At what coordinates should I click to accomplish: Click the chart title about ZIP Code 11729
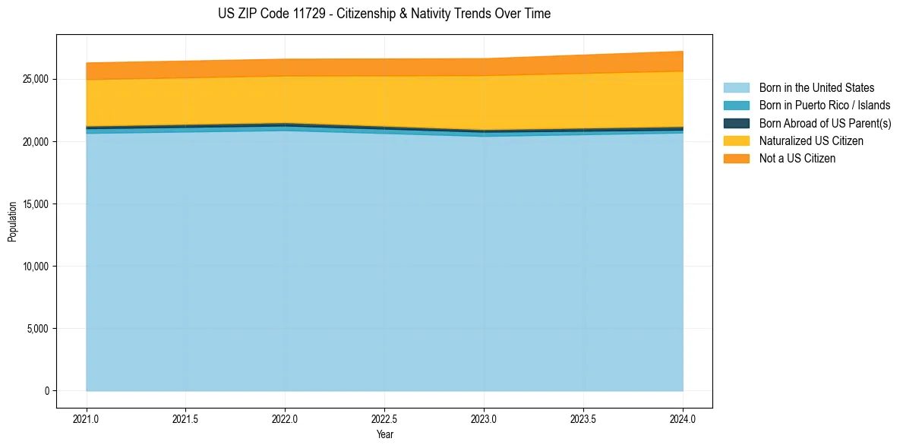coord(384,14)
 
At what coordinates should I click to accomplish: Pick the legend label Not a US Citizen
coord(797,159)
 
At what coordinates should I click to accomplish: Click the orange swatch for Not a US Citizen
coord(736,159)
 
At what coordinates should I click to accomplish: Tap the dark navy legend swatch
coord(736,123)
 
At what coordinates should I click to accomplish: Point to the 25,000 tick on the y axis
coord(36,80)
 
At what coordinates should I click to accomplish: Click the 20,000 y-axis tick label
coord(36,142)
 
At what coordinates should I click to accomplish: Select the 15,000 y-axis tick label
coord(36,204)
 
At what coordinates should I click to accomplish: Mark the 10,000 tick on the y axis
coord(36,267)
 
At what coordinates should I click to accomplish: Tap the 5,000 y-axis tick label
coord(39,329)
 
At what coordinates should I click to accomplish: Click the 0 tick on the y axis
coord(46,391)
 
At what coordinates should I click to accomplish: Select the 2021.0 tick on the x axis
coord(87,418)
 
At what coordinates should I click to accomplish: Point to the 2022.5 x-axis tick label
coord(384,418)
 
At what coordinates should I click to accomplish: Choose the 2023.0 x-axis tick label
coord(484,418)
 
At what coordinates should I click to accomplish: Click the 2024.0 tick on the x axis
coord(683,418)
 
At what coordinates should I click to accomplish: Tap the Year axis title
coord(384,434)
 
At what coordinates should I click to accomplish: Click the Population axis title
coord(12,222)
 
